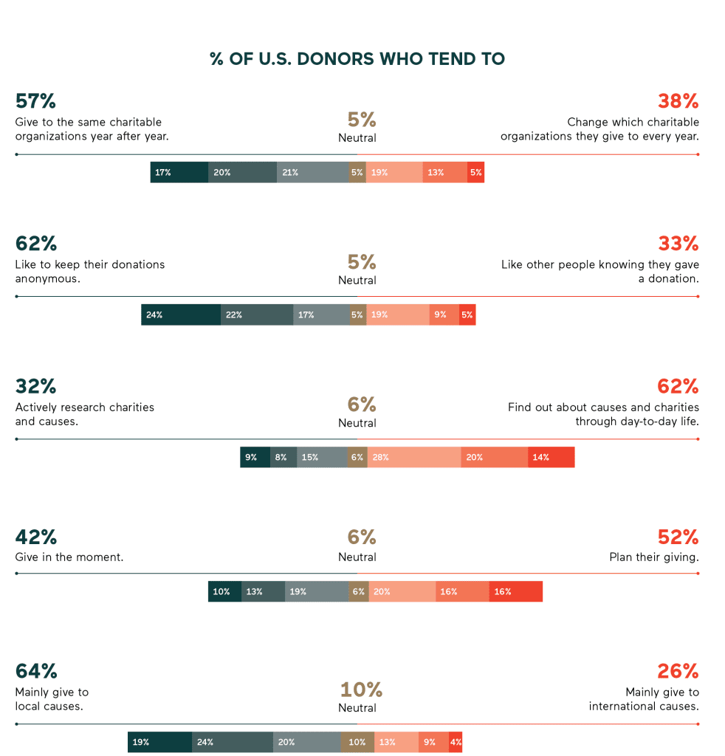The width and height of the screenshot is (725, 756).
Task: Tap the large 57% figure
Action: click(x=35, y=101)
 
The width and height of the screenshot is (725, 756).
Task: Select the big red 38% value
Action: click(x=678, y=101)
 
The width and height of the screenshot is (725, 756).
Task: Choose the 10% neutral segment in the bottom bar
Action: click(x=357, y=742)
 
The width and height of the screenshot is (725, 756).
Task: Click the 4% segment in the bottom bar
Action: click(x=456, y=742)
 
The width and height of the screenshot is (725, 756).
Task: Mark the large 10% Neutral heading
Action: click(x=360, y=690)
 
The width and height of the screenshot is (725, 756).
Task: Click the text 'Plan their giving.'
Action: click(x=653, y=557)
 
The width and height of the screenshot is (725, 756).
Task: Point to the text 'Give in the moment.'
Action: click(x=69, y=557)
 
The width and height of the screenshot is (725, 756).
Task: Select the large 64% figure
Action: click(x=36, y=671)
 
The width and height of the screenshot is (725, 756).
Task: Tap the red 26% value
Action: click(x=678, y=671)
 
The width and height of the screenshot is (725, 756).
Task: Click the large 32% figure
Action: click(x=35, y=386)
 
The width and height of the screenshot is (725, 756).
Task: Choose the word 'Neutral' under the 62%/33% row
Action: click(x=357, y=281)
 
